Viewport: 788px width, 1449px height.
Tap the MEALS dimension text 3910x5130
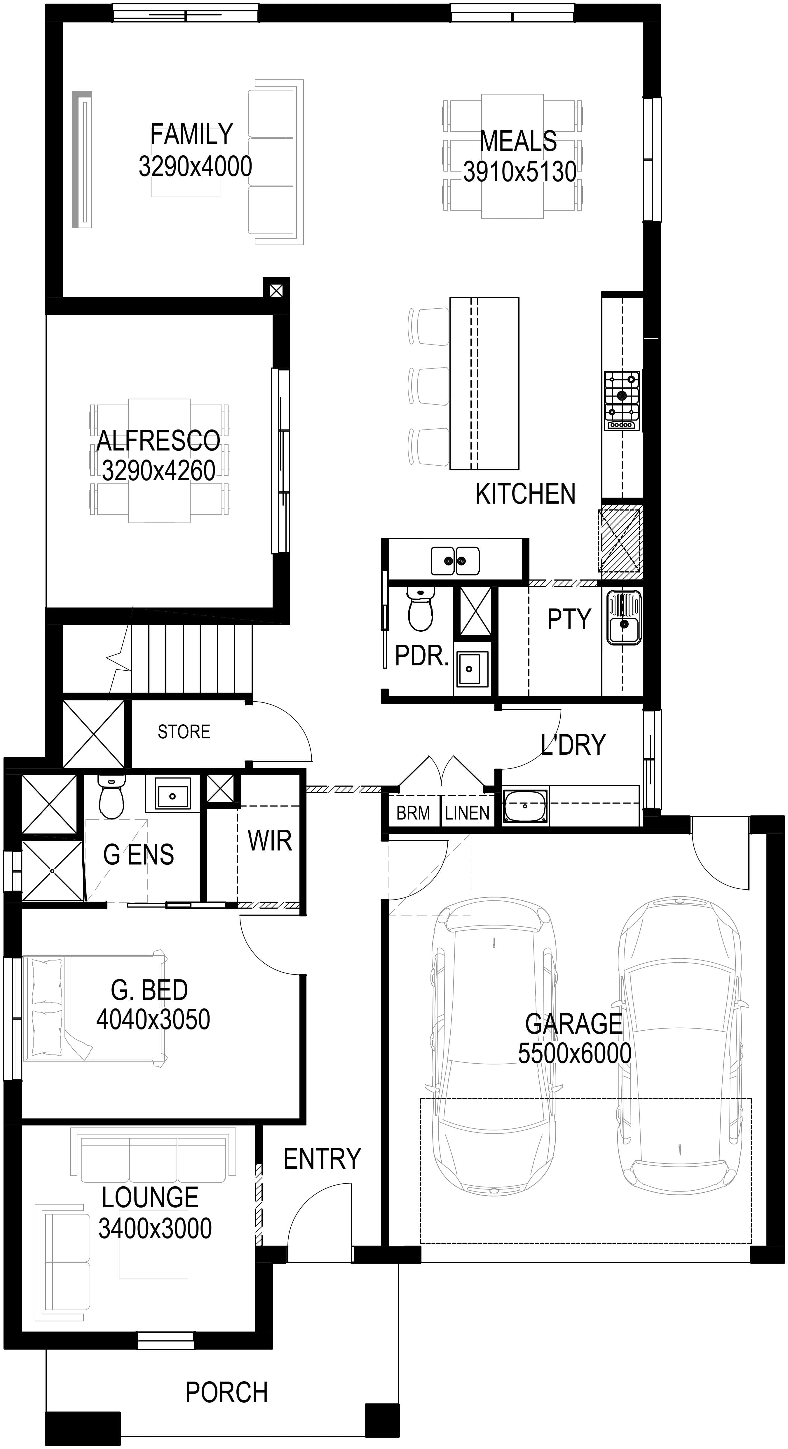[520, 172]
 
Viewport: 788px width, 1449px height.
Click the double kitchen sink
[455, 561]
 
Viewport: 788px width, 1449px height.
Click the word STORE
[184, 732]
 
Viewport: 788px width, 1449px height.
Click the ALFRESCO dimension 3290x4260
[158, 470]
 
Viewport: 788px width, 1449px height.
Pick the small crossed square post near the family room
[276, 291]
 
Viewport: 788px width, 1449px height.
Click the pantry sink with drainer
[623, 617]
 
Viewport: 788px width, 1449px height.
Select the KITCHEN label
[525, 494]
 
